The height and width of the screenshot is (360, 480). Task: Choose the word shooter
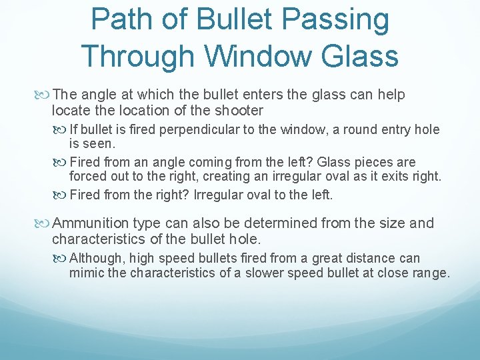pyautogui.click(x=238, y=111)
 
